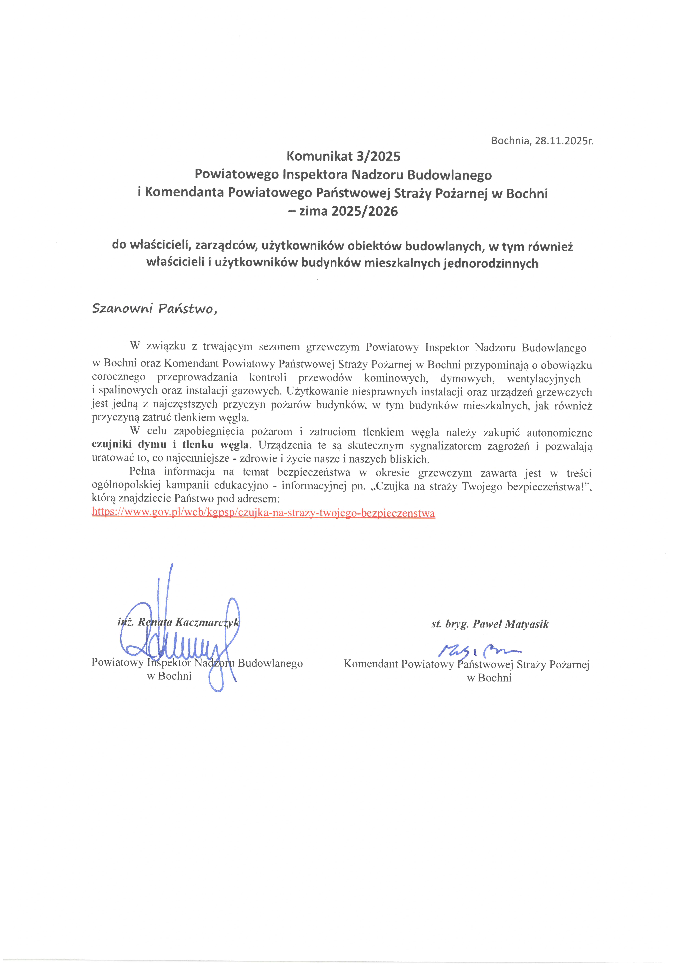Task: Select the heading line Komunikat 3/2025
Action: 343,157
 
